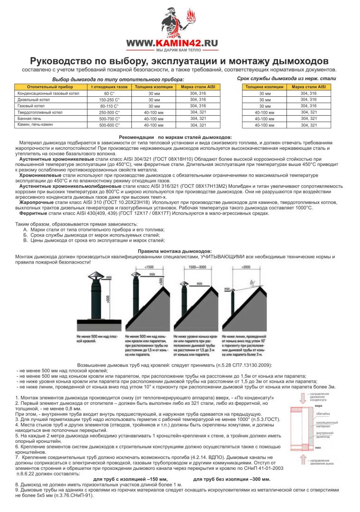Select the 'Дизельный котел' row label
tap(29, 100)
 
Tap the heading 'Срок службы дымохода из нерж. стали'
tap(286, 78)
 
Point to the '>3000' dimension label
tap(245, 268)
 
